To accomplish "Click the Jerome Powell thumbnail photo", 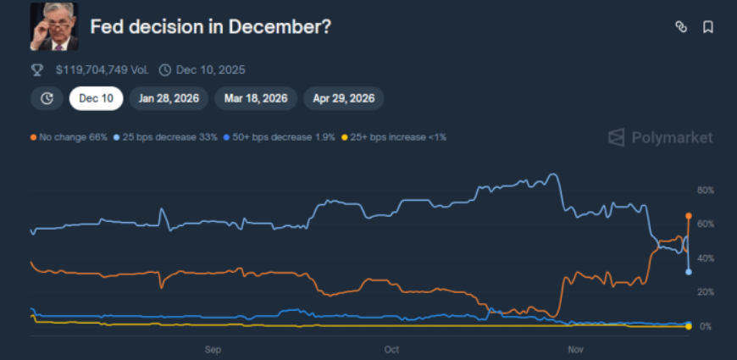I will [54, 26].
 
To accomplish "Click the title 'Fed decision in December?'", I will [210, 27].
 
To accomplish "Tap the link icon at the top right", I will [680, 27].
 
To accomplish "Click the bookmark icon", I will [708, 27].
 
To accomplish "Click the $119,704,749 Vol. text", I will [102, 69].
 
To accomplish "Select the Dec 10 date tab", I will [96, 98].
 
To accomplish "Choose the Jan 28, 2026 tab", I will [169, 98].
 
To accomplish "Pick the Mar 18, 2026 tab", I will [255, 98].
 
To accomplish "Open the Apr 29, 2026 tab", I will [343, 98].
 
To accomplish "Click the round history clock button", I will [47, 98].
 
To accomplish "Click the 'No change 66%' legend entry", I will [69, 136].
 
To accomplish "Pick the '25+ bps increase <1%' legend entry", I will [393, 136].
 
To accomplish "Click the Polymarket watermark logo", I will [661, 137].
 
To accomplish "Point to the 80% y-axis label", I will [706, 190].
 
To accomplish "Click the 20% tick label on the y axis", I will [706, 292].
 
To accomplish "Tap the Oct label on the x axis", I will [391, 348].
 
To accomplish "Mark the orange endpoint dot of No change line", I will [689, 216].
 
